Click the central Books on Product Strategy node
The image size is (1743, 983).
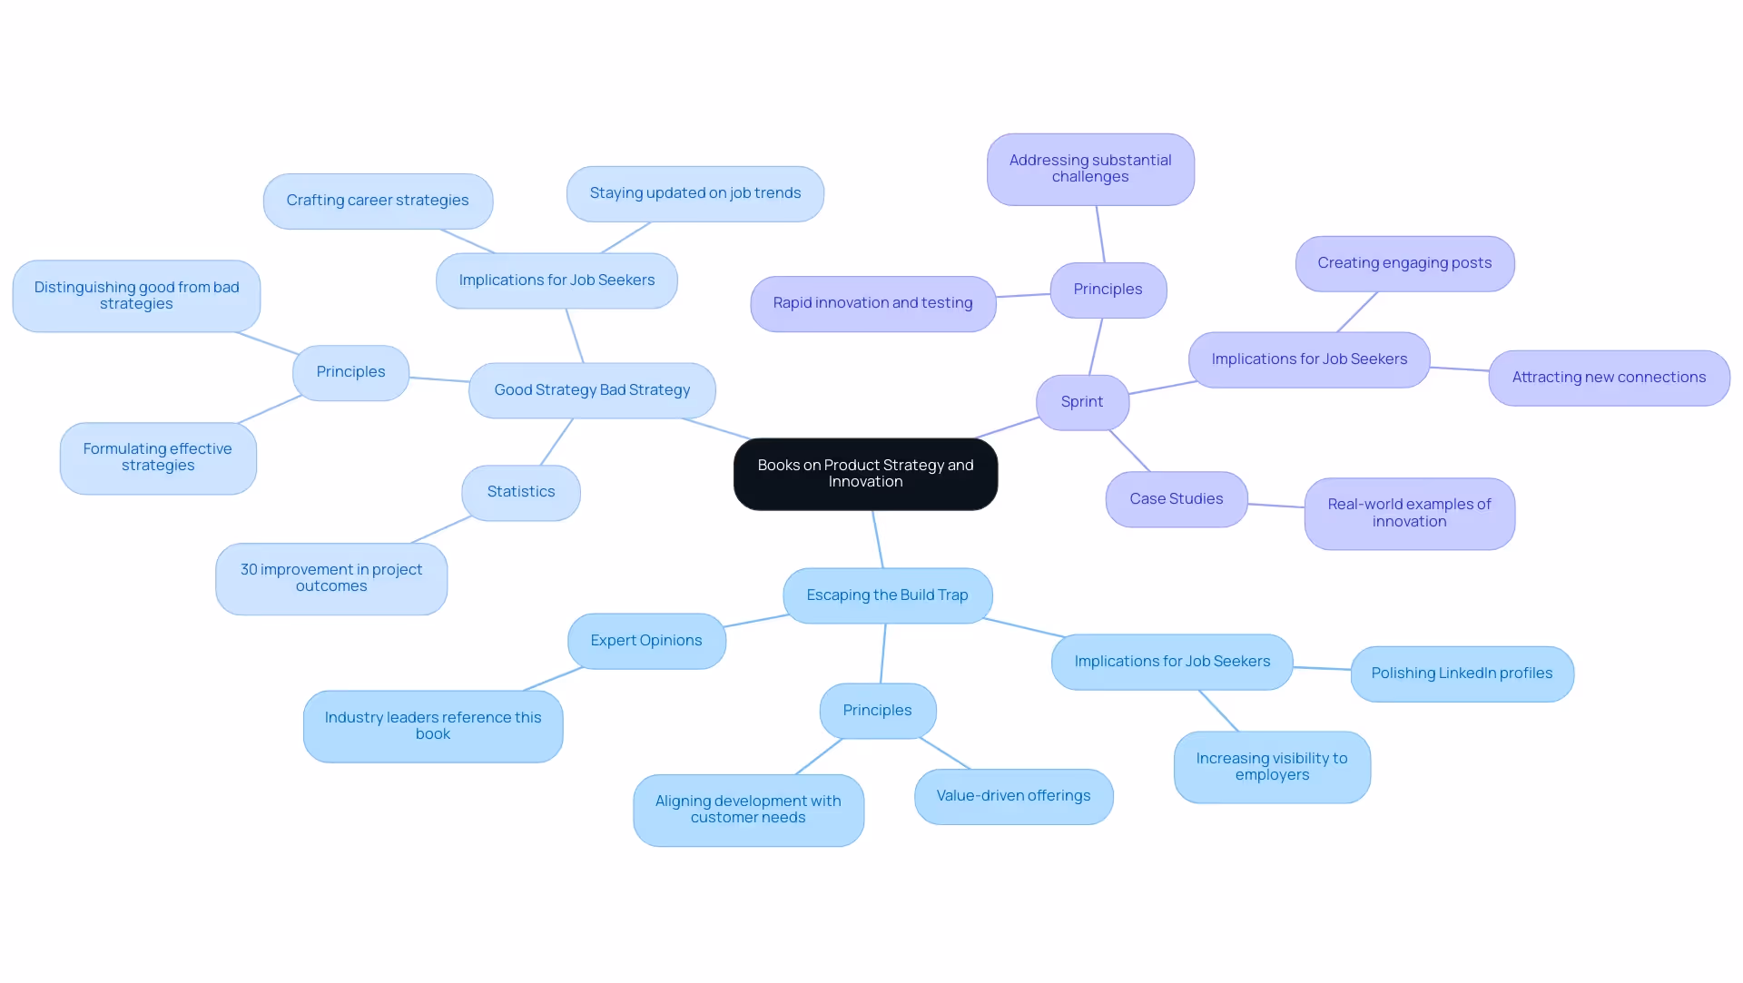click(865, 474)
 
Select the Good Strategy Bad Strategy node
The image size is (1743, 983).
click(592, 390)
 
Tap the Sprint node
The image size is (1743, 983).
click(1082, 402)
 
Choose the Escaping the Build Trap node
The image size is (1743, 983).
click(887, 595)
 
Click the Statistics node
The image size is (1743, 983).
click(520, 492)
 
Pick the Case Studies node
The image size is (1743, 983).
click(1176, 499)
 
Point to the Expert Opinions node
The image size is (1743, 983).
click(645, 641)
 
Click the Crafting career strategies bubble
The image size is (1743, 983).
click(378, 201)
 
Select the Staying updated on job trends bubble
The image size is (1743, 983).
click(694, 193)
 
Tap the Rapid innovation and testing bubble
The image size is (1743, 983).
click(872, 303)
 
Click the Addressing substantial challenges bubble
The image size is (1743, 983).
click(1090, 169)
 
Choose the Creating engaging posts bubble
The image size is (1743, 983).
click(1404, 263)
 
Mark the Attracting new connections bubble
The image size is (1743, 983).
click(1609, 378)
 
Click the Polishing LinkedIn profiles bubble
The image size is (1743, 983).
click(1462, 673)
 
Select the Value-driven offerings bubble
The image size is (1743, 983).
click(1013, 796)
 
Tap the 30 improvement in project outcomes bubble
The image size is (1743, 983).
click(331, 578)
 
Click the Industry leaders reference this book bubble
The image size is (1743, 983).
click(433, 726)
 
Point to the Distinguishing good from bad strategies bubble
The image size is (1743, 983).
click(136, 296)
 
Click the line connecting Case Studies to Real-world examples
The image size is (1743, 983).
click(1275, 506)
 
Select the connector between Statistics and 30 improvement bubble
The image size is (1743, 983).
click(441, 530)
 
